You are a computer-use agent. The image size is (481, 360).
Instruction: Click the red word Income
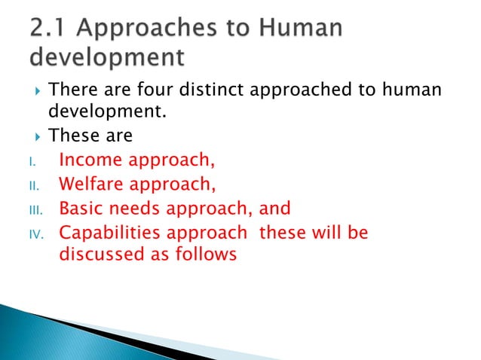[x=90, y=160]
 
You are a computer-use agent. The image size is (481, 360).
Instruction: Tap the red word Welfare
[x=92, y=184]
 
